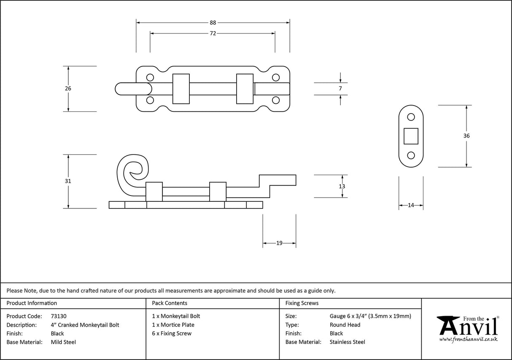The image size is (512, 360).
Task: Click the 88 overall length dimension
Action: (213, 23)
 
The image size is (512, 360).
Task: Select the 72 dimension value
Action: (213, 33)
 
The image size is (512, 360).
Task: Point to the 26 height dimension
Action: (68, 89)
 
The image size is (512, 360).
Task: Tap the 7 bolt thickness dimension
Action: (340, 89)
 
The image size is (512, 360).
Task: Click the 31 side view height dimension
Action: (68, 181)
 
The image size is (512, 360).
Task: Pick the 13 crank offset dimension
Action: (342, 186)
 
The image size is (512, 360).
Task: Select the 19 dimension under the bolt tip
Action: (279, 243)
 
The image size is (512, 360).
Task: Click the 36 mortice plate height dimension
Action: (466, 136)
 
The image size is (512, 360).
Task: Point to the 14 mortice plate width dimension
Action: (411, 206)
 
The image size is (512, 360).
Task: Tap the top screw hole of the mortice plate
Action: (411, 118)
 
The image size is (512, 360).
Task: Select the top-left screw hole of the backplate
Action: (150, 78)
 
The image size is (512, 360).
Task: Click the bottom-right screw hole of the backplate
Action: (276, 100)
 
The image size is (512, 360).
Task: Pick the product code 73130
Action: (59, 316)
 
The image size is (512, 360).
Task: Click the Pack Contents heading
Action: (170, 303)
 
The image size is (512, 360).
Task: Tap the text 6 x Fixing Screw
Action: (172, 333)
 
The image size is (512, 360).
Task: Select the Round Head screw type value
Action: (345, 325)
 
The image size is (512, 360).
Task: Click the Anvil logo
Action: (467, 328)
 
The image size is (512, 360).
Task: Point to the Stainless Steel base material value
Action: (347, 342)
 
